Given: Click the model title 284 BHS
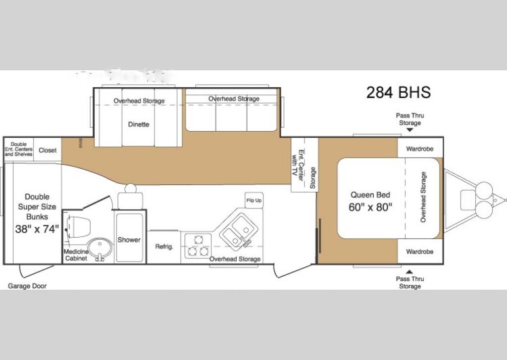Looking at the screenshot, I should tap(398, 93).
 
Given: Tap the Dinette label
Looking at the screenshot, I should tap(138, 124).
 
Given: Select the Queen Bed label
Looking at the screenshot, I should tap(370, 195).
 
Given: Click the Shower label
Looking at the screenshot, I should tap(129, 240).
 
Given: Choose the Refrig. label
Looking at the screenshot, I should tap(164, 247).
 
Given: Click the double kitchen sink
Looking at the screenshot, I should tap(236, 230).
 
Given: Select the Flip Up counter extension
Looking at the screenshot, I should tap(253, 201).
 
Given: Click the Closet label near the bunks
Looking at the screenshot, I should tap(48, 151).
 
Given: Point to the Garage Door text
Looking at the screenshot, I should tap(27, 286).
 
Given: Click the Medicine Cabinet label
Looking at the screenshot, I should tap(75, 255).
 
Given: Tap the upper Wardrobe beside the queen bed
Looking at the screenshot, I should tap(419, 149).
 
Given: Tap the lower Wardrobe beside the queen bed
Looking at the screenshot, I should tap(419, 252).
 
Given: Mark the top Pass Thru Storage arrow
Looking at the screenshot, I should tap(409, 130).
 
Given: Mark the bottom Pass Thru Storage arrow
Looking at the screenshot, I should tap(409, 271).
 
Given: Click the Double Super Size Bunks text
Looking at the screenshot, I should tap(37, 206).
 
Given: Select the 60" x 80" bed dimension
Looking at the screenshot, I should tap(370, 207).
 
